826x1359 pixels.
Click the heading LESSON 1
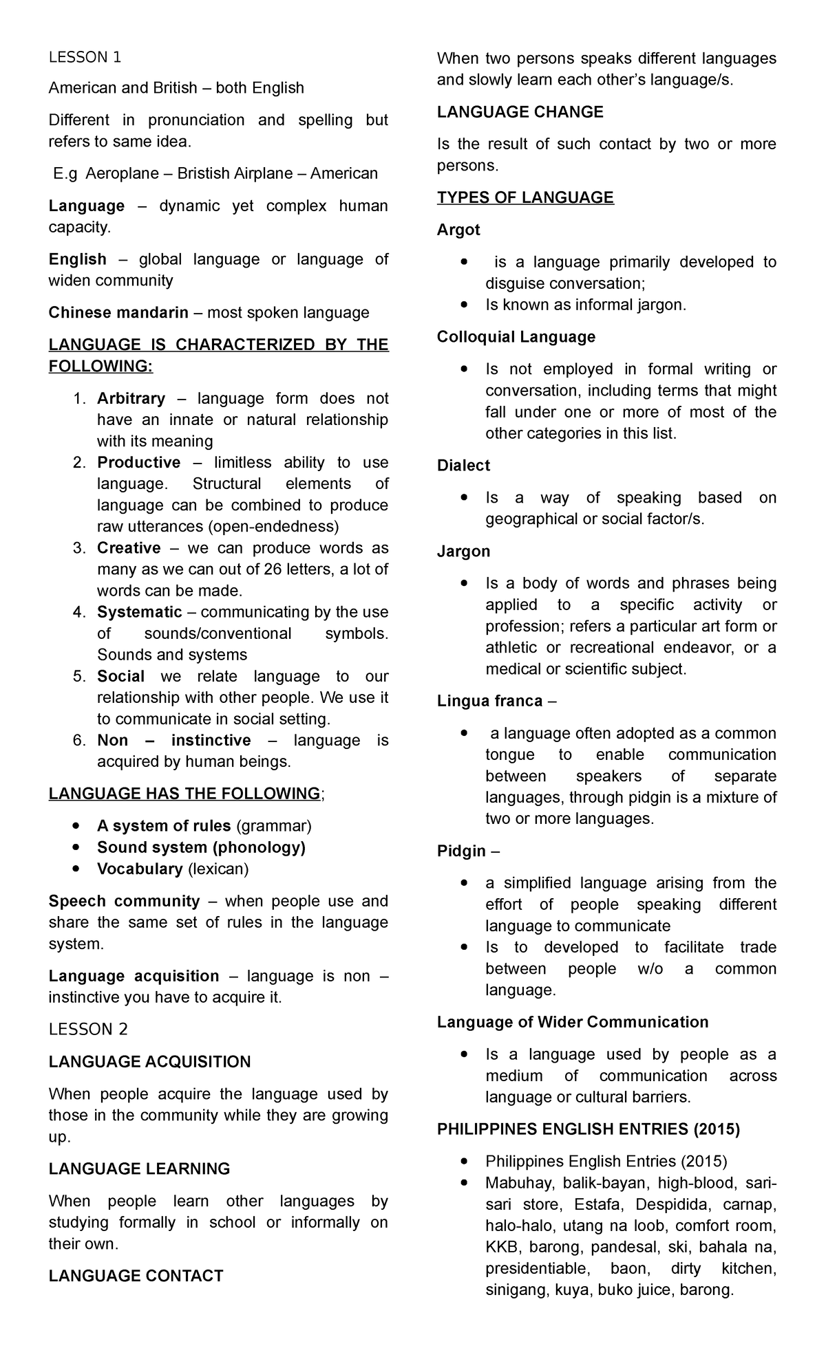click(85, 57)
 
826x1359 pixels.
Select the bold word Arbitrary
click(131, 398)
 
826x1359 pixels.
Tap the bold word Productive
click(138, 462)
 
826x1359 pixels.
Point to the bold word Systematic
click(139, 611)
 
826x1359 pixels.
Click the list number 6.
click(79, 740)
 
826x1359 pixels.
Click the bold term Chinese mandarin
click(118, 313)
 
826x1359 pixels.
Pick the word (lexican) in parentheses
click(218, 869)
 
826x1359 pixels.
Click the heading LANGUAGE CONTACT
click(136, 1276)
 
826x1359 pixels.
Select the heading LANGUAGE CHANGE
click(520, 112)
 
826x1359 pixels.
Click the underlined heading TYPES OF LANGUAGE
click(525, 198)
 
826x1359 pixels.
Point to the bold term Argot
click(458, 230)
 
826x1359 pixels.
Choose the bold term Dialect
click(463, 466)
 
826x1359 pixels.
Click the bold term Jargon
click(463, 551)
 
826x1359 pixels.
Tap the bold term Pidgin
click(461, 851)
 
